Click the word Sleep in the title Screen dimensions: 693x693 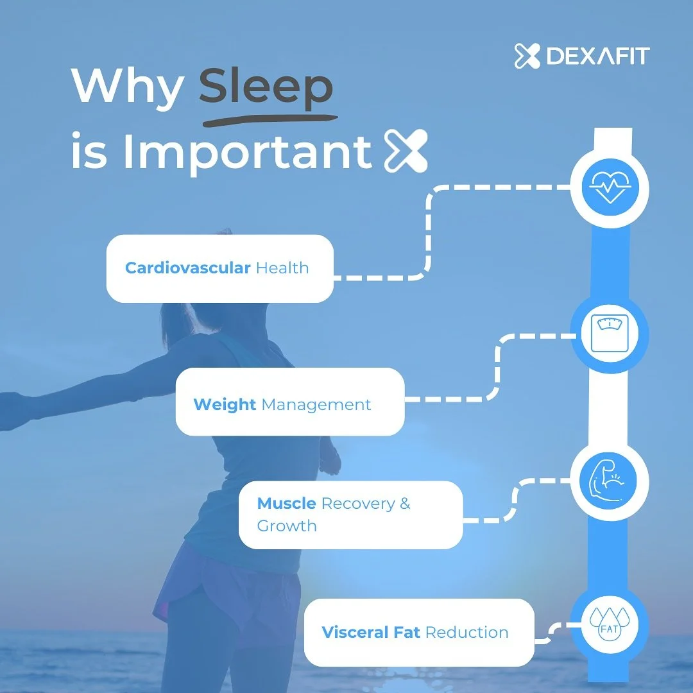[265, 87]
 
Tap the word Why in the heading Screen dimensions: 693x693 [128, 87]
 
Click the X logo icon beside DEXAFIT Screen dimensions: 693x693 [528, 56]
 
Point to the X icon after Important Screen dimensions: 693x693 [405, 151]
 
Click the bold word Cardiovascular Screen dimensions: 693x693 [187, 268]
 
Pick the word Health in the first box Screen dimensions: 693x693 [282, 268]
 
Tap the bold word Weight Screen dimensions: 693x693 [225, 405]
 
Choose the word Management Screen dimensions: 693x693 [316, 405]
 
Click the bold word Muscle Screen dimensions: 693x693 [286, 504]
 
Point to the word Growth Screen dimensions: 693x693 [287, 526]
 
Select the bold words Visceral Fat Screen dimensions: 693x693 [371, 632]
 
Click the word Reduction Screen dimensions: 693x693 [467, 632]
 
